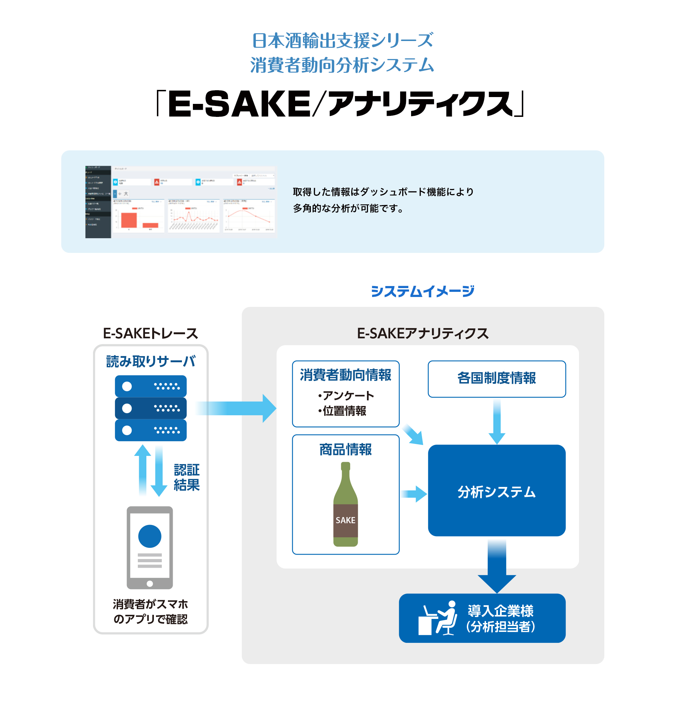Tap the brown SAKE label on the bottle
pos(345,520)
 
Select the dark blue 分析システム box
pos(496,491)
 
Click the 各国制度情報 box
pos(496,379)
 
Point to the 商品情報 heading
pos(345,449)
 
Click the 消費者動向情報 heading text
pos(345,375)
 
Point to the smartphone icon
pos(149,547)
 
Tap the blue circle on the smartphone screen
pos(149,536)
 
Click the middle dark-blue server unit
pos(150,408)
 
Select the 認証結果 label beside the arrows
pos(186,477)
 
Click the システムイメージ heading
pos(423,291)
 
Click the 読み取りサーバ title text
pos(150,361)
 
